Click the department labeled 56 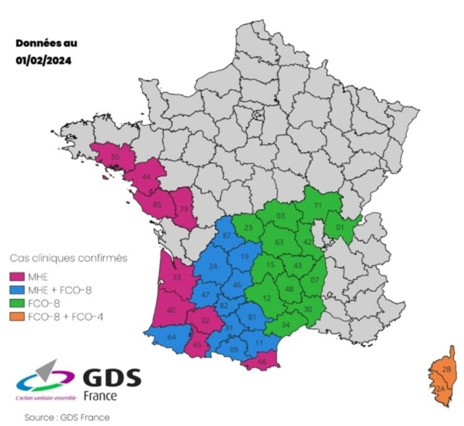point(115,158)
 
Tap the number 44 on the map point(147,177)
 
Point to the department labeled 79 point(184,208)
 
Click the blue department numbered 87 point(227,235)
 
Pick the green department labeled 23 point(248,228)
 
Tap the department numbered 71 point(317,205)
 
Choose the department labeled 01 point(339,228)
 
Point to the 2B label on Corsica point(447,369)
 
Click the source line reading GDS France point(66,417)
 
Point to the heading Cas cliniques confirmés point(68,257)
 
